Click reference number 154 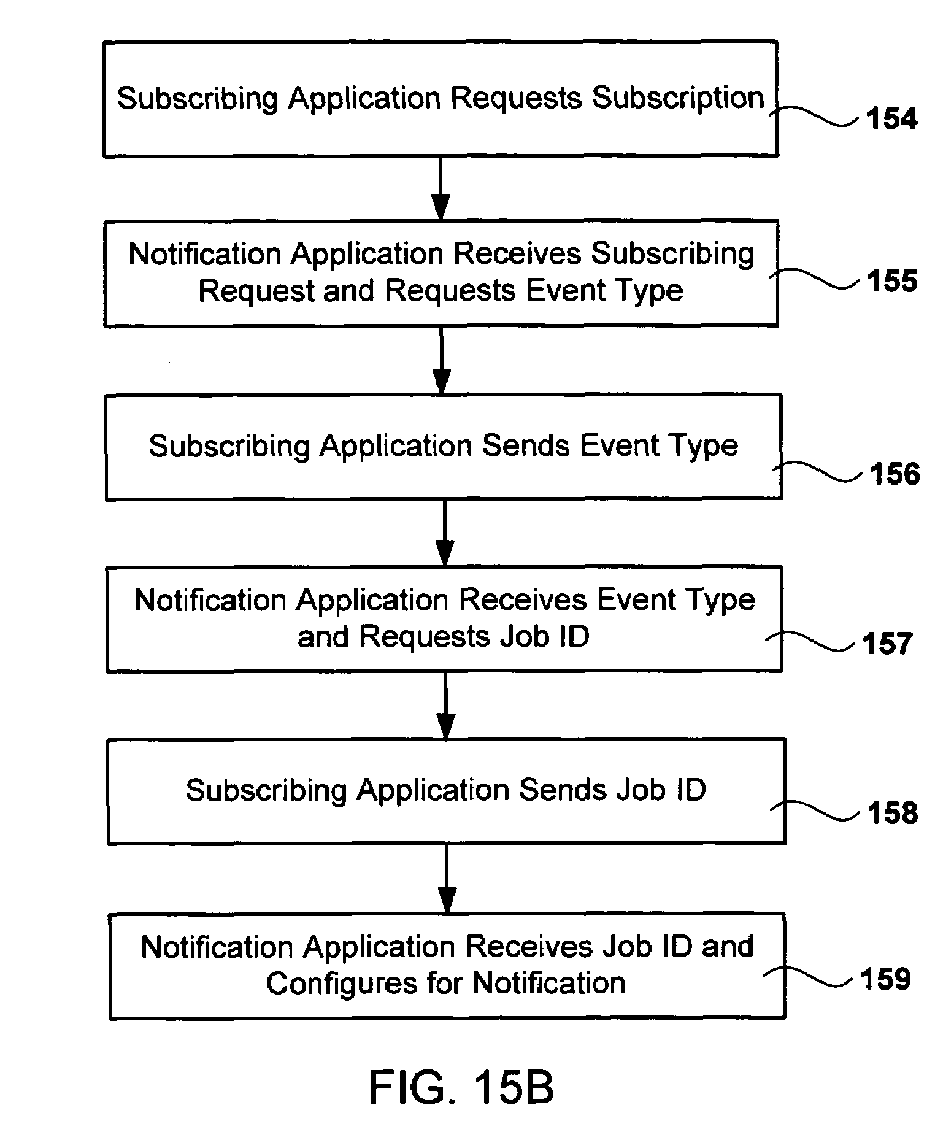click(891, 118)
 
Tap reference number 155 click(891, 280)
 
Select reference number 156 click(895, 474)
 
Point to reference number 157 click(887, 644)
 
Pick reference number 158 click(892, 813)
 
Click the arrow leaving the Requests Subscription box click(441, 188)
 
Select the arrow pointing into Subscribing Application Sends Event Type click(441, 360)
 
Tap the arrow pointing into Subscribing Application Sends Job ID click(446, 706)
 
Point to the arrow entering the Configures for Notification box click(447, 879)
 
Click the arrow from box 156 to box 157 click(444, 533)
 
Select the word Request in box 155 click(256, 291)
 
